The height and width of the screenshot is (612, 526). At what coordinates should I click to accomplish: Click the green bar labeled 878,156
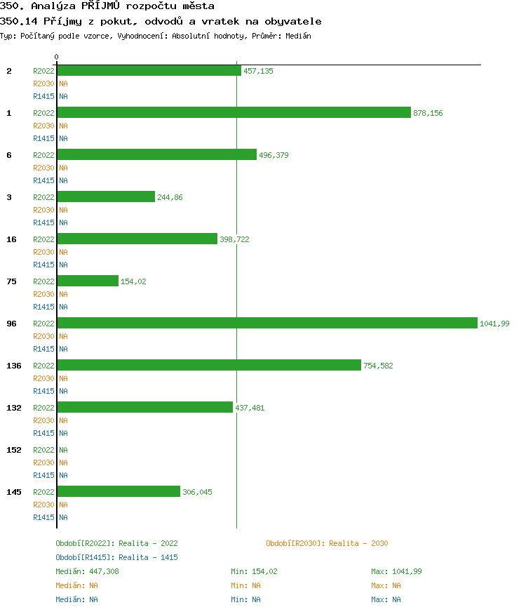point(234,112)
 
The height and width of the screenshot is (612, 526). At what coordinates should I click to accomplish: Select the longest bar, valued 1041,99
point(267,323)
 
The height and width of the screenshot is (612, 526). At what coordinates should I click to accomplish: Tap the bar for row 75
point(88,281)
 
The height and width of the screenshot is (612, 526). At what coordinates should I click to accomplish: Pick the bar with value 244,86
point(106,197)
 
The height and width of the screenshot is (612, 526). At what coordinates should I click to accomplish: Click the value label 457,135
point(258,71)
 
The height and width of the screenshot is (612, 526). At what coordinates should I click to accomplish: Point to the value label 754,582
point(378,366)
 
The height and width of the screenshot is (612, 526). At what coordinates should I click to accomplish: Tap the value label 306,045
point(197,492)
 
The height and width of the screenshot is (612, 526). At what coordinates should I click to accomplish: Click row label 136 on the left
point(14,366)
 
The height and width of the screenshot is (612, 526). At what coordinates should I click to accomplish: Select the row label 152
point(14,450)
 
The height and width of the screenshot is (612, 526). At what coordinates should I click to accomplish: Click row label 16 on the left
point(12,239)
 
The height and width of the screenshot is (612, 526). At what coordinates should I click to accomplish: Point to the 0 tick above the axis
point(57,57)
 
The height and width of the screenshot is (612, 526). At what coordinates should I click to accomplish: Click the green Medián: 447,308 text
point(87,571)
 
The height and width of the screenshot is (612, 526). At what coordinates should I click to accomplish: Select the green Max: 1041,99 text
point(396,571)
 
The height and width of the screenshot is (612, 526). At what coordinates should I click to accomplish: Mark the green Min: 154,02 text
point(254,571)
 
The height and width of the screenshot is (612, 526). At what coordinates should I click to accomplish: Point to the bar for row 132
point(144,407)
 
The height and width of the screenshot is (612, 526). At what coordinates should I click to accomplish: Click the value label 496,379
point(274,155)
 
